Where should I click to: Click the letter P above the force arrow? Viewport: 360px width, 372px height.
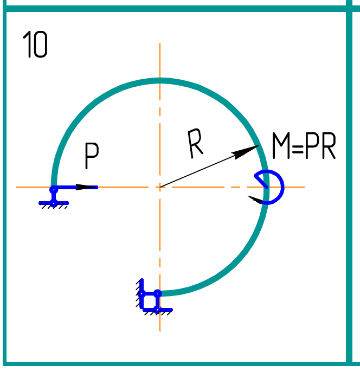pyautogui.click(x=92, y=157)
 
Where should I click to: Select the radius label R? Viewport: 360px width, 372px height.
pyautogui.click(x=195, y=145)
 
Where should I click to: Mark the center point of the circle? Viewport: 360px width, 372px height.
pyautogui.click(x=159, y=187)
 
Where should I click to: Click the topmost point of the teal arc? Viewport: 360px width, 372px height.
pyautogui.click(x=159, y=81)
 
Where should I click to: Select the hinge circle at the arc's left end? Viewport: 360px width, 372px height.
pyautogui.click(x=54, y=190)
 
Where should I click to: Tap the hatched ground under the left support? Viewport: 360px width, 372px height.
pyautogui.click(x=54, y=206)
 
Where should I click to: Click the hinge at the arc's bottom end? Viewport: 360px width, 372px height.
pyautogui.click(x=157, y=294)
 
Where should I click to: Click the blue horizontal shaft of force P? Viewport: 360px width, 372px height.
pyautogui.click(x=70, y=187)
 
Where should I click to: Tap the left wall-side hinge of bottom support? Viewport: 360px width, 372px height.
pyautogui.click(x=142, y=294)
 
